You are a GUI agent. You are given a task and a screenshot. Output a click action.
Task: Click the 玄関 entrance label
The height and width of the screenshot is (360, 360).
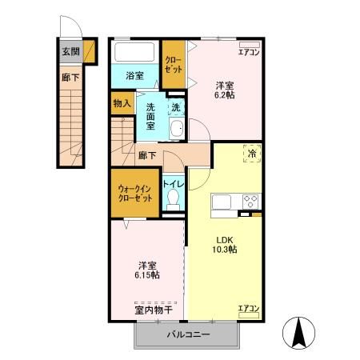[x=70, y=52]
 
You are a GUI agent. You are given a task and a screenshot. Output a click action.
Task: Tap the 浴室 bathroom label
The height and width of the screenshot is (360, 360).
[x=135, y=76]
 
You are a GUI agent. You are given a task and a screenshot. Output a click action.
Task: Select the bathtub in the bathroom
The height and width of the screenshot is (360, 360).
[x=135, y=54]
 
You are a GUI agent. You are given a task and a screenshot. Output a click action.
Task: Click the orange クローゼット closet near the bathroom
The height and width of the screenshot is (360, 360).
[x=172, y=65]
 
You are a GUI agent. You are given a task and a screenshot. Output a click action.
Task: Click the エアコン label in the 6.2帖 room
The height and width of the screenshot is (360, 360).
[x=249, y=53]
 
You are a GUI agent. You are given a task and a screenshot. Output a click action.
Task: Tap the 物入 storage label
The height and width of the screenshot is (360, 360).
[x=122, y=103]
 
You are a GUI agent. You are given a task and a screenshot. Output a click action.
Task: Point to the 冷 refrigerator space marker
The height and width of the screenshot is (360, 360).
[x=251, y=153]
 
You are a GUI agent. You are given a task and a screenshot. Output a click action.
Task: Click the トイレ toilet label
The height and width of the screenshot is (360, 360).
[x=174, y=185]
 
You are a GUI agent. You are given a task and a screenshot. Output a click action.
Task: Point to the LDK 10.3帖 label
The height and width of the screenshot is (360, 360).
[x=225, y=243]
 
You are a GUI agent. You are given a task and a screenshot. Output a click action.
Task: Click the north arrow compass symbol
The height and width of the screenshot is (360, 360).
[x=302, y=332]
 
